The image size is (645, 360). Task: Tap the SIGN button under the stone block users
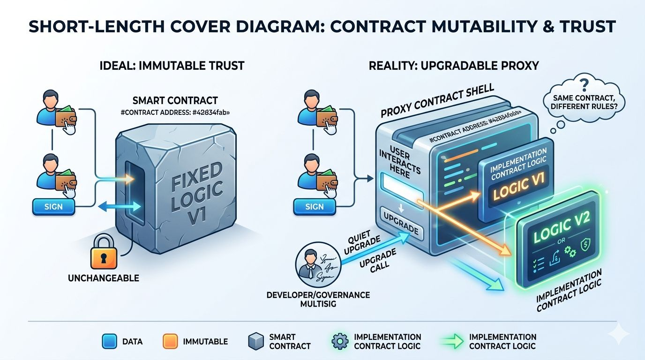tap(53, 207)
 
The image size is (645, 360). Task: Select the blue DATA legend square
tap(109, 341)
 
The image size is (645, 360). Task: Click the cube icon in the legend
tap(255, 341)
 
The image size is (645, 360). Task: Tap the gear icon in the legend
tap(339, 341)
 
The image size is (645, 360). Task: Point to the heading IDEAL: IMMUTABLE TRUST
tap(172, 65)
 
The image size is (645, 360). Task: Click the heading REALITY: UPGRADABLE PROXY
tap(454, 65)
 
